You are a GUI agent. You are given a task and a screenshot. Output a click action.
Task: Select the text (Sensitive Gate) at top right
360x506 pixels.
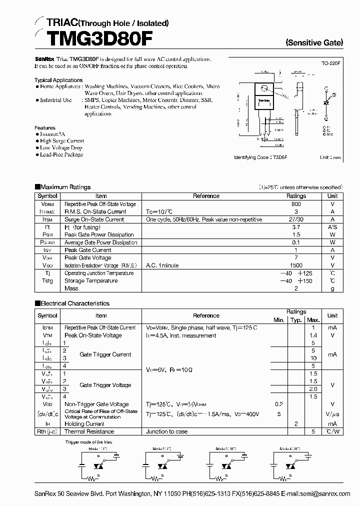314,43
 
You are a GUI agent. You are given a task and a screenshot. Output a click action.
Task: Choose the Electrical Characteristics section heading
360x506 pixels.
74,303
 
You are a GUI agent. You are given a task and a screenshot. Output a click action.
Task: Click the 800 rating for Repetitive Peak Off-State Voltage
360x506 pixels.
296,204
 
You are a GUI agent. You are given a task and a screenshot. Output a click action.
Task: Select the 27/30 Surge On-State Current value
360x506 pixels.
296,219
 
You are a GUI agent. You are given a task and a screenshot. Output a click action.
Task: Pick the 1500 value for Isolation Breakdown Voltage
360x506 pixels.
296,265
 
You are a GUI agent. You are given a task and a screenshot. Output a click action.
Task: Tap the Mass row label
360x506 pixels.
71,288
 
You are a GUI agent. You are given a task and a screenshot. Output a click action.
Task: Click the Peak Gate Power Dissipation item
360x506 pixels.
99,234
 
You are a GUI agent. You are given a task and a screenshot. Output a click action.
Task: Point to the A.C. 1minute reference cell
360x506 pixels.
162,265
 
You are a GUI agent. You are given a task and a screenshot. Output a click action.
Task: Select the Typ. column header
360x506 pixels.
296,319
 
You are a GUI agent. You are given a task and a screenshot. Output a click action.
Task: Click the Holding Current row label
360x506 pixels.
84,423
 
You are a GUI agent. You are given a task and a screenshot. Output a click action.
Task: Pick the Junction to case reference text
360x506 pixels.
167,431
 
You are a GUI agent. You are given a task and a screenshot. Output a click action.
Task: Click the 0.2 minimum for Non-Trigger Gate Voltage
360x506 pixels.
278,404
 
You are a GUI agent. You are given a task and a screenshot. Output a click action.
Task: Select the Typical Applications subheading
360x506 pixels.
58,80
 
